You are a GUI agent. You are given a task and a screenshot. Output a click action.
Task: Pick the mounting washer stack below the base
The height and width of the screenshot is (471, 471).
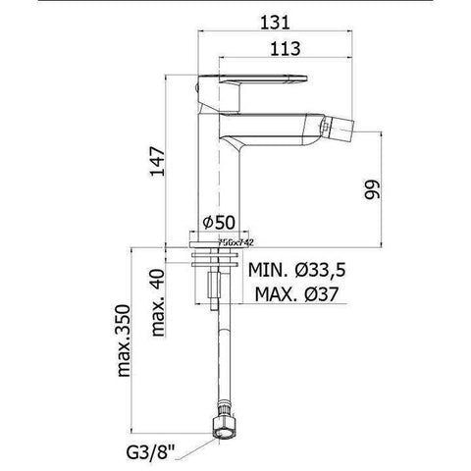click(213, 260)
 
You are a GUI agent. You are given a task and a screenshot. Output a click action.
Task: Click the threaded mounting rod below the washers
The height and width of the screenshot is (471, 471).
click(213, 289)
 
